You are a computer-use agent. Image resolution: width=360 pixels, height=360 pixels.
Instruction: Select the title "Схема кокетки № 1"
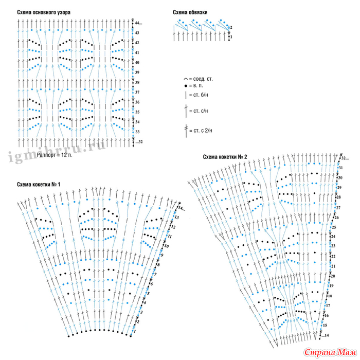pyautogui.click(x=39, y=185)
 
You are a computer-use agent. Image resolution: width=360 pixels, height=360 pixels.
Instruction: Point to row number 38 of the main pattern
pyautogui.click(x=137, y=82)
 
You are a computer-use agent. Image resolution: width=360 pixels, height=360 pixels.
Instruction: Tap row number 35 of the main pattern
pyautogui.click(x=137, y=112)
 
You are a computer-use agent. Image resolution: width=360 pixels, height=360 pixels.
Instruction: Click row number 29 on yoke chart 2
pyautogui.click(x=339, y=188)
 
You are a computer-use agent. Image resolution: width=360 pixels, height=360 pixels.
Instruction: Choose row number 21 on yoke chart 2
pyautogui.click(x=333, y=266)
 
